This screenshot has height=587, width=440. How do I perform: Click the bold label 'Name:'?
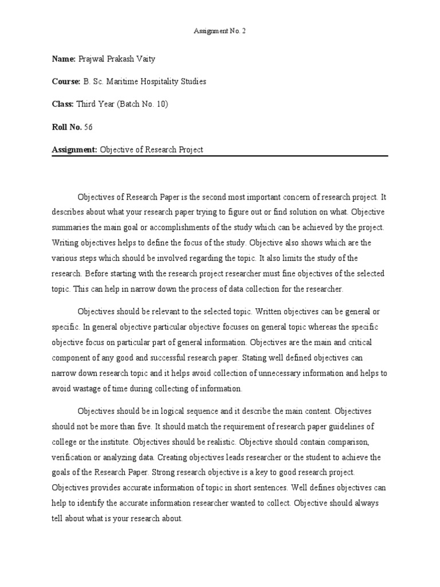click(63, 58)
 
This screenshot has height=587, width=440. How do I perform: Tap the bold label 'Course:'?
click(66, 81)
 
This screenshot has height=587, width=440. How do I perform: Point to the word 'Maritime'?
click(124, 81)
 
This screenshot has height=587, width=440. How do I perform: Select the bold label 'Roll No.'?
click(66, 127)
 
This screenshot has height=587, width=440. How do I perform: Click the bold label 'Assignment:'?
click(74, 150)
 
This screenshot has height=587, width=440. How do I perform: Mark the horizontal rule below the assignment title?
click(220, 156)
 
